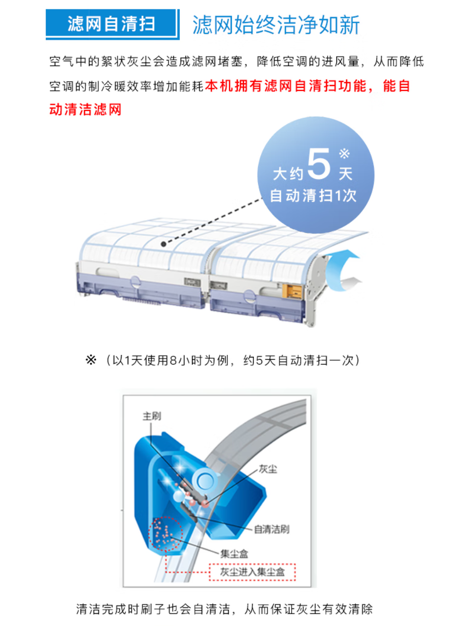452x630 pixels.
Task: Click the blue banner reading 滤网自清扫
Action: pyautogui.click(x=112, y=24)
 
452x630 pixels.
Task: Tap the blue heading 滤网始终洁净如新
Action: pyautogui.click(x=276, y=25)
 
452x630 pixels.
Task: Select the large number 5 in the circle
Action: pyautogui.click(x=319, y=164)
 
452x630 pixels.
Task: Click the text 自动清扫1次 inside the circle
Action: pyautogui.click(x=313, y=195)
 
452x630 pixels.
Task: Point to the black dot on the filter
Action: pyautogui.click(x=163, y=244)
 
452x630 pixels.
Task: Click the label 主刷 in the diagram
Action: pyautogui.click(x=152, y=416)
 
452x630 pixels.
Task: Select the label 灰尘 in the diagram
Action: pyautogui.click(x=268, y=469)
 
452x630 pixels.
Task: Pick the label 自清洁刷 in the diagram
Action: pyautogui.click(x=272, y=529)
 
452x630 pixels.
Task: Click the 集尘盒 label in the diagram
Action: pyautogui.click(x=234, y=554)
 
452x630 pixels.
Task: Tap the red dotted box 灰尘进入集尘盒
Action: pyautogui.click(x=252, y=572)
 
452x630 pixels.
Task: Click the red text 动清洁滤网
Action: pyautogui.click(x=85, y=109)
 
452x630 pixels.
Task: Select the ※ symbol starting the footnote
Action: pyautogui.click(x=91, y=360)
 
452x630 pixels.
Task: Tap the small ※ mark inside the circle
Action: pyautogui.click(x=344, y=154)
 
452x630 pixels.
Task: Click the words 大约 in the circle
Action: pyautogui.click(x=288, y=174)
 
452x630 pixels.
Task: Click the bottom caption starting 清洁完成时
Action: pyautogui.click(x=224, y=609)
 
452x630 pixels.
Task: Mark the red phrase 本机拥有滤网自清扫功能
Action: pyautogui.click(x=285, y=86)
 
